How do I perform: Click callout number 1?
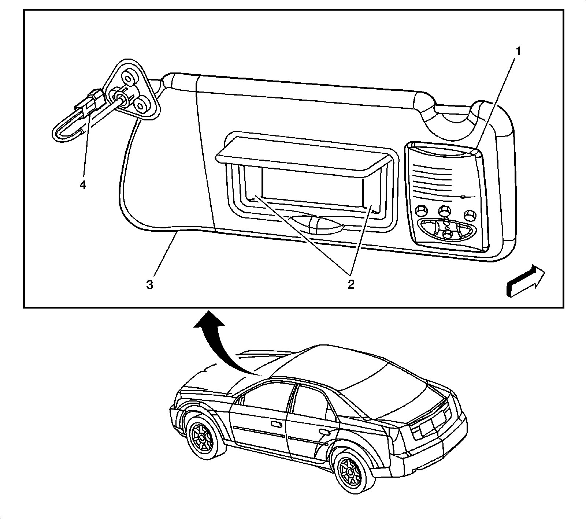pos(518,52)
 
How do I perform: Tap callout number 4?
pos(83,185)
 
